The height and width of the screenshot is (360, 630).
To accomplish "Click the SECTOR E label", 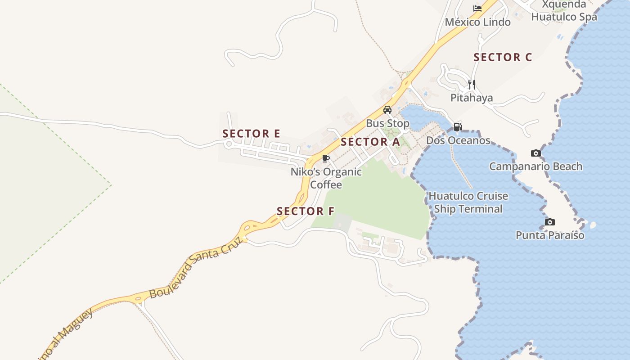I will [x=251, y=134].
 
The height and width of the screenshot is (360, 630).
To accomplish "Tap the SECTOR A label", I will [x=370, y=142].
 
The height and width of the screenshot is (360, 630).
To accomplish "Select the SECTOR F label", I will [x=306, y=211].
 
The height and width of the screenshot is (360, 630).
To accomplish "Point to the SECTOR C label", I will [x=503, y=57].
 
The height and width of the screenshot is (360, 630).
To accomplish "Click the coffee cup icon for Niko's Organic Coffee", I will [x=326, y=158].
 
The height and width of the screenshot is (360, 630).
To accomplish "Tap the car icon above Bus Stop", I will [x=387, y=109].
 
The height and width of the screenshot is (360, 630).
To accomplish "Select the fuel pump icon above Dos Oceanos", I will [x=458, y=127].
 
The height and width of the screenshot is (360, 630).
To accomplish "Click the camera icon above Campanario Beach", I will [x=535, y=153].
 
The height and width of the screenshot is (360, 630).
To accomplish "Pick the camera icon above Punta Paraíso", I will [x=549, y=222].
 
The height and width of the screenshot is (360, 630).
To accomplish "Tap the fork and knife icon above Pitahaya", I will [x=471, y=84].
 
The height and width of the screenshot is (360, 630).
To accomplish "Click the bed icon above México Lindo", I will [x=477, y=9].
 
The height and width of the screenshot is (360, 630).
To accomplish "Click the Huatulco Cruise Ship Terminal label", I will [x=468, y=202].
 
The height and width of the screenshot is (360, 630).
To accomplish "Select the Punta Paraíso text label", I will [x=550, y=235].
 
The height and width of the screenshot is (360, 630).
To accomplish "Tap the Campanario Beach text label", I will [x=535, y=166].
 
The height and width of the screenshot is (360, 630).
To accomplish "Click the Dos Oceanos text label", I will [x=458, y=140].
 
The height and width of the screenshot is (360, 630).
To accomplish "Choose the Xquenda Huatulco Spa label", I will [x=564, y=11].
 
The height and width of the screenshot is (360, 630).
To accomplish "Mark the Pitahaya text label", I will [x=472, y=98].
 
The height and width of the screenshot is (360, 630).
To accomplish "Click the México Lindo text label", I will [x=477, y=22].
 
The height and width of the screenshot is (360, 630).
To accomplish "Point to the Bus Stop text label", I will [x=387, y=123].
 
